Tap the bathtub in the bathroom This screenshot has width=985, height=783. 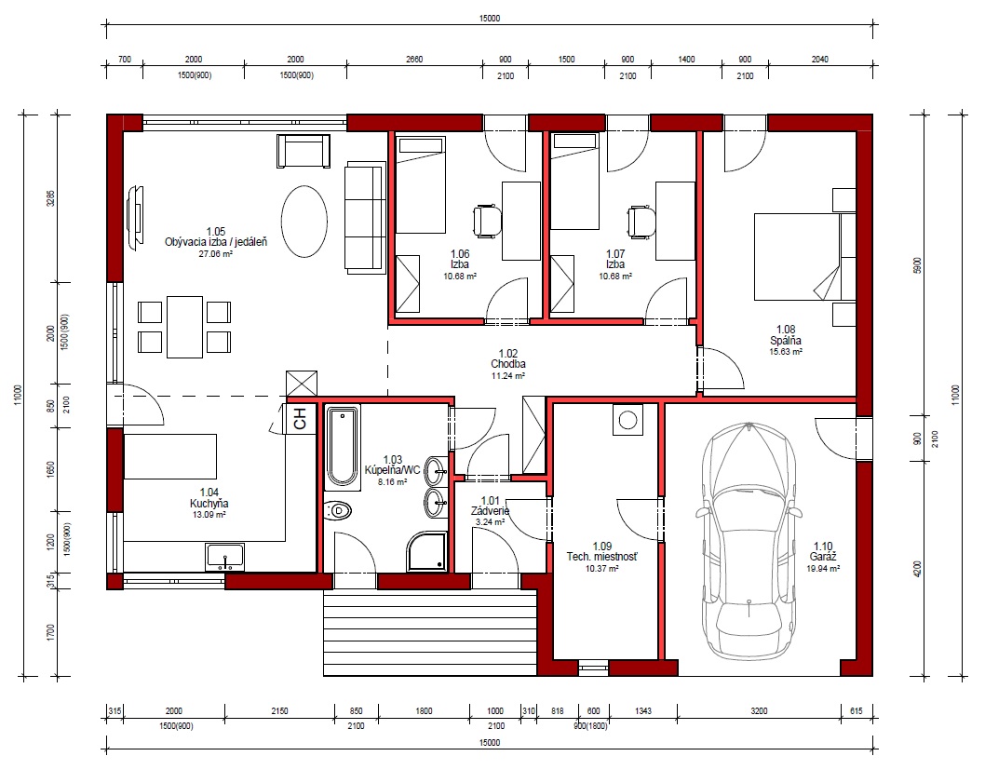343,447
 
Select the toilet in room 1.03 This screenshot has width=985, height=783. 337,511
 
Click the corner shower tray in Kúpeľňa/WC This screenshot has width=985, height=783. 428,552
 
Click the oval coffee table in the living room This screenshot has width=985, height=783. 304,221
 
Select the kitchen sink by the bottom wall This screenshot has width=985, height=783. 224,558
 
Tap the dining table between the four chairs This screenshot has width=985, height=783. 184,327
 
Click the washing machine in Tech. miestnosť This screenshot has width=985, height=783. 628,419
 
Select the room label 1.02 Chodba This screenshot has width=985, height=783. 508,358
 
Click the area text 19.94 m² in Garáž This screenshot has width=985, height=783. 823,569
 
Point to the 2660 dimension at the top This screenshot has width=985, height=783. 414,59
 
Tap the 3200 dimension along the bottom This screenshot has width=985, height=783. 759,710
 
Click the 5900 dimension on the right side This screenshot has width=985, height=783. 918,265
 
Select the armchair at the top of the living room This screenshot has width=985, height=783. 304,151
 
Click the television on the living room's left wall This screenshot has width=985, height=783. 134,217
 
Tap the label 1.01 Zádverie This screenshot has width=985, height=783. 490,506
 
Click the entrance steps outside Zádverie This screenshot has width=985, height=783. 430,633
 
